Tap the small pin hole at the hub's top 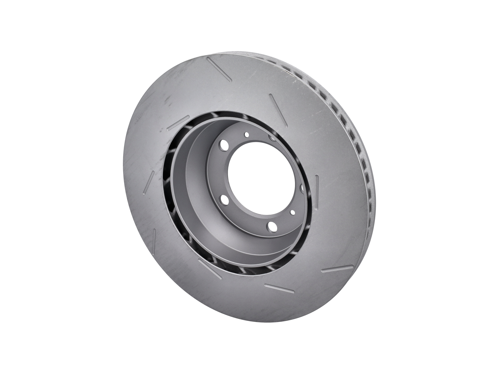(247, 135)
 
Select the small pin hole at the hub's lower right (293, 212)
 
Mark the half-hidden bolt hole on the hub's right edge (301, 188)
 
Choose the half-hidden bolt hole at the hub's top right (272, 137)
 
